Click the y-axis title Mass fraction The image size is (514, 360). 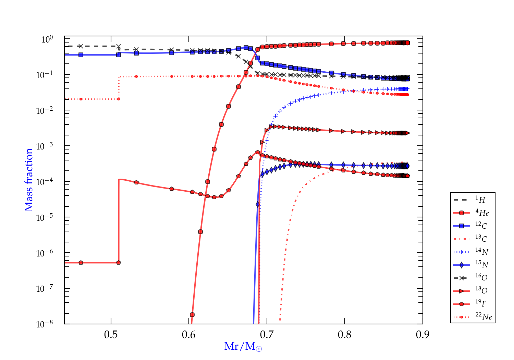pyautogui.click(x=29, y=180)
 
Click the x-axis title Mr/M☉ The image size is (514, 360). pyautogui.click(x=243, y=347)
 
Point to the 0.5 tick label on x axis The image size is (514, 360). pyautogui.click(x=111, y=335)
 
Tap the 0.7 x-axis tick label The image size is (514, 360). pyautogui.click(x=267, y=335)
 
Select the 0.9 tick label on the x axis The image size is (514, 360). pyautogui.click(x=423, y=335)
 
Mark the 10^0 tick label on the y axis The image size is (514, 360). pyautogui.click(x=47, y=39)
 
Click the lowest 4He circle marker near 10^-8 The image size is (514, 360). pyautogui.click(x=192, y=315)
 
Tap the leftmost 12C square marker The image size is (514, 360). pyautogui.click(x=81, y=55)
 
